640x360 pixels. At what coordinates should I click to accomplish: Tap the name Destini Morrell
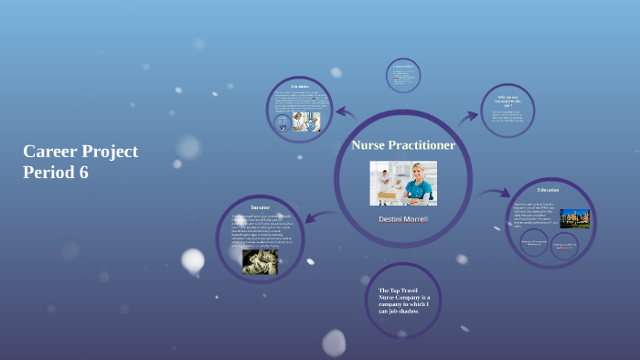click(x=403, y=219)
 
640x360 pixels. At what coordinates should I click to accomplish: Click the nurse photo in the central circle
click(x=403, y=183)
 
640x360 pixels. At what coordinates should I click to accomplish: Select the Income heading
click(x=261, y=207)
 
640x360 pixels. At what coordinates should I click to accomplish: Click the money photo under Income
click(x=260, y=262)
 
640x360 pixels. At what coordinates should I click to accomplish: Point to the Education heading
click(x=549, y=189)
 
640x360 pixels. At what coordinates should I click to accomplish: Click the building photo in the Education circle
click(x=575, y=218)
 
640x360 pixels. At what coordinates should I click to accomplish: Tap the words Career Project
click(x=80, y=152)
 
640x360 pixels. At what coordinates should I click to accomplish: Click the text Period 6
click(x=56, y=172)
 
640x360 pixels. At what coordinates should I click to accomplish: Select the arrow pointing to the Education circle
click(x=493, y=193)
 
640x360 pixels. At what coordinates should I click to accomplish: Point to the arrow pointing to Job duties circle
click(x=345, y=114)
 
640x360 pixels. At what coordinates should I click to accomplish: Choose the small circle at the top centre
click(x=403, y=76)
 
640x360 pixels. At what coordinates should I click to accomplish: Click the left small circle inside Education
click(x=535, y=243)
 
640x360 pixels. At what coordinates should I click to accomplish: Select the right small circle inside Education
click(x=564, y=245)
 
